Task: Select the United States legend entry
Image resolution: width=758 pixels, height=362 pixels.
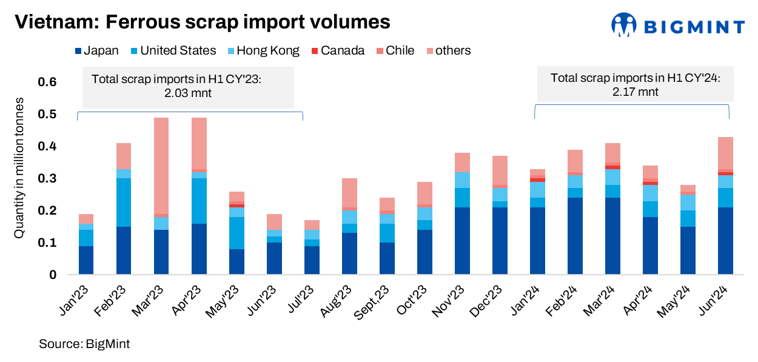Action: point(172,51)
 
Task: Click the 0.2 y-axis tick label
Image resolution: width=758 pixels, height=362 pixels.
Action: point(48,211)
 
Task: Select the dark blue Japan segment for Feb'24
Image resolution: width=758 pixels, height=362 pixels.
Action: point(575,236)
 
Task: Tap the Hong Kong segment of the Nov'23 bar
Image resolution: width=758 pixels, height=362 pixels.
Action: point(462,180)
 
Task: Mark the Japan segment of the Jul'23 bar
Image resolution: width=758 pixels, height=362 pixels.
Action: point(312,260)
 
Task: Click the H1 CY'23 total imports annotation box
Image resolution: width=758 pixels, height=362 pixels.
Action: point(189,87)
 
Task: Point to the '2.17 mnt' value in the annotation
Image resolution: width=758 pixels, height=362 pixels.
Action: point(634,92)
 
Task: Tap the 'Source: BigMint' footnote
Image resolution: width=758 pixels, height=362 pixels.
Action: point(85,344)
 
